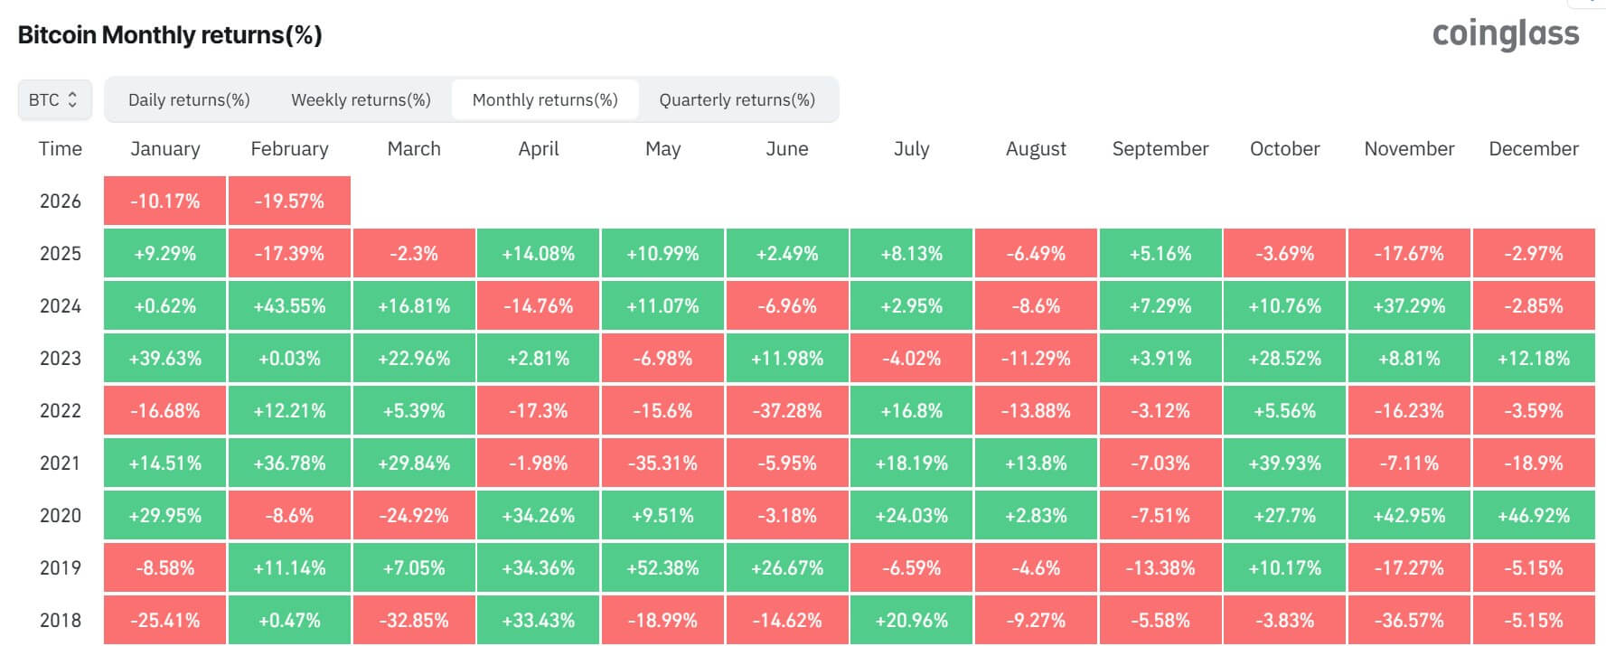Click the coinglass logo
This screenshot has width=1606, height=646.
(x=1506, y=34)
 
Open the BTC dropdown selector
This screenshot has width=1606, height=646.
(x=54, y=100)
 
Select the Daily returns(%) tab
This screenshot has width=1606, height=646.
(x=189, y=100)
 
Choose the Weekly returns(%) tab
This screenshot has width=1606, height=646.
(x=361, y=100)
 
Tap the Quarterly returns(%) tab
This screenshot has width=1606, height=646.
(x=737, y=100)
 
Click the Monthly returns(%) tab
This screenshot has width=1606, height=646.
(x=545, y=100)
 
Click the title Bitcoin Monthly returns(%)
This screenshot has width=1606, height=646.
(x=170, y=35)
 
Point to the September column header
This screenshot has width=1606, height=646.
(x=1160, y=149)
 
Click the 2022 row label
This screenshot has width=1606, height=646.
(x=61, y=411)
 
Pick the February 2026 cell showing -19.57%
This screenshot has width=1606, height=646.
(x=289, y=201)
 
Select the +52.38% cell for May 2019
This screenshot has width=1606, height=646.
(x=662, y=568)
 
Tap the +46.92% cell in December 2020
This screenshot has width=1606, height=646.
(x=1534, y=516)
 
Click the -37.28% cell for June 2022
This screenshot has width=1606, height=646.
(x=787, y=411)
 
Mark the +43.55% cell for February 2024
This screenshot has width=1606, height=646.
(x=289, y=306)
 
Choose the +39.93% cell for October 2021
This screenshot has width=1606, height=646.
(x=1284, y=463)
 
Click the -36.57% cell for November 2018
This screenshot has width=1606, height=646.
(x=1409, y=621)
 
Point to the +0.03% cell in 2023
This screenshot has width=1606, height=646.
(x=289, y=359)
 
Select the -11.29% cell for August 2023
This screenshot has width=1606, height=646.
(x=1036, y=359)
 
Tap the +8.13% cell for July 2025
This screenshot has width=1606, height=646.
(x=911, y=254)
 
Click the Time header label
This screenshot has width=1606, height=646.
(x=61, y=149)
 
